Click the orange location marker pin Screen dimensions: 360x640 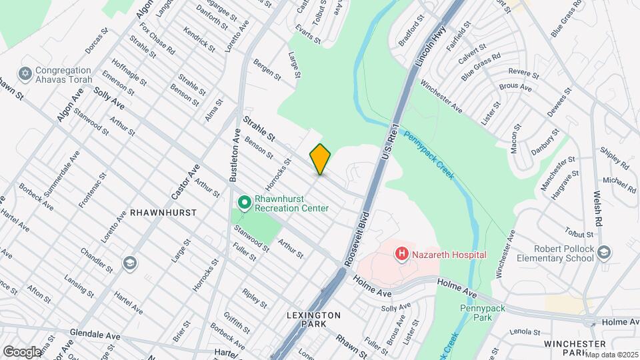tap(320, 159)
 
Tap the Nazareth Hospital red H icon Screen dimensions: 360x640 tap(401, 254)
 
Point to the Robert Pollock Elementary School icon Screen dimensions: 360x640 tap(604, 252)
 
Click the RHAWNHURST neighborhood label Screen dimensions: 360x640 tap(163, 213)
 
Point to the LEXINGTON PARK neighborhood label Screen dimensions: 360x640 tap(313, 319)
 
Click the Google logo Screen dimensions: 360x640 tap(21, 351)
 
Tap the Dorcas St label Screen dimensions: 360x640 tap(97, 42)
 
